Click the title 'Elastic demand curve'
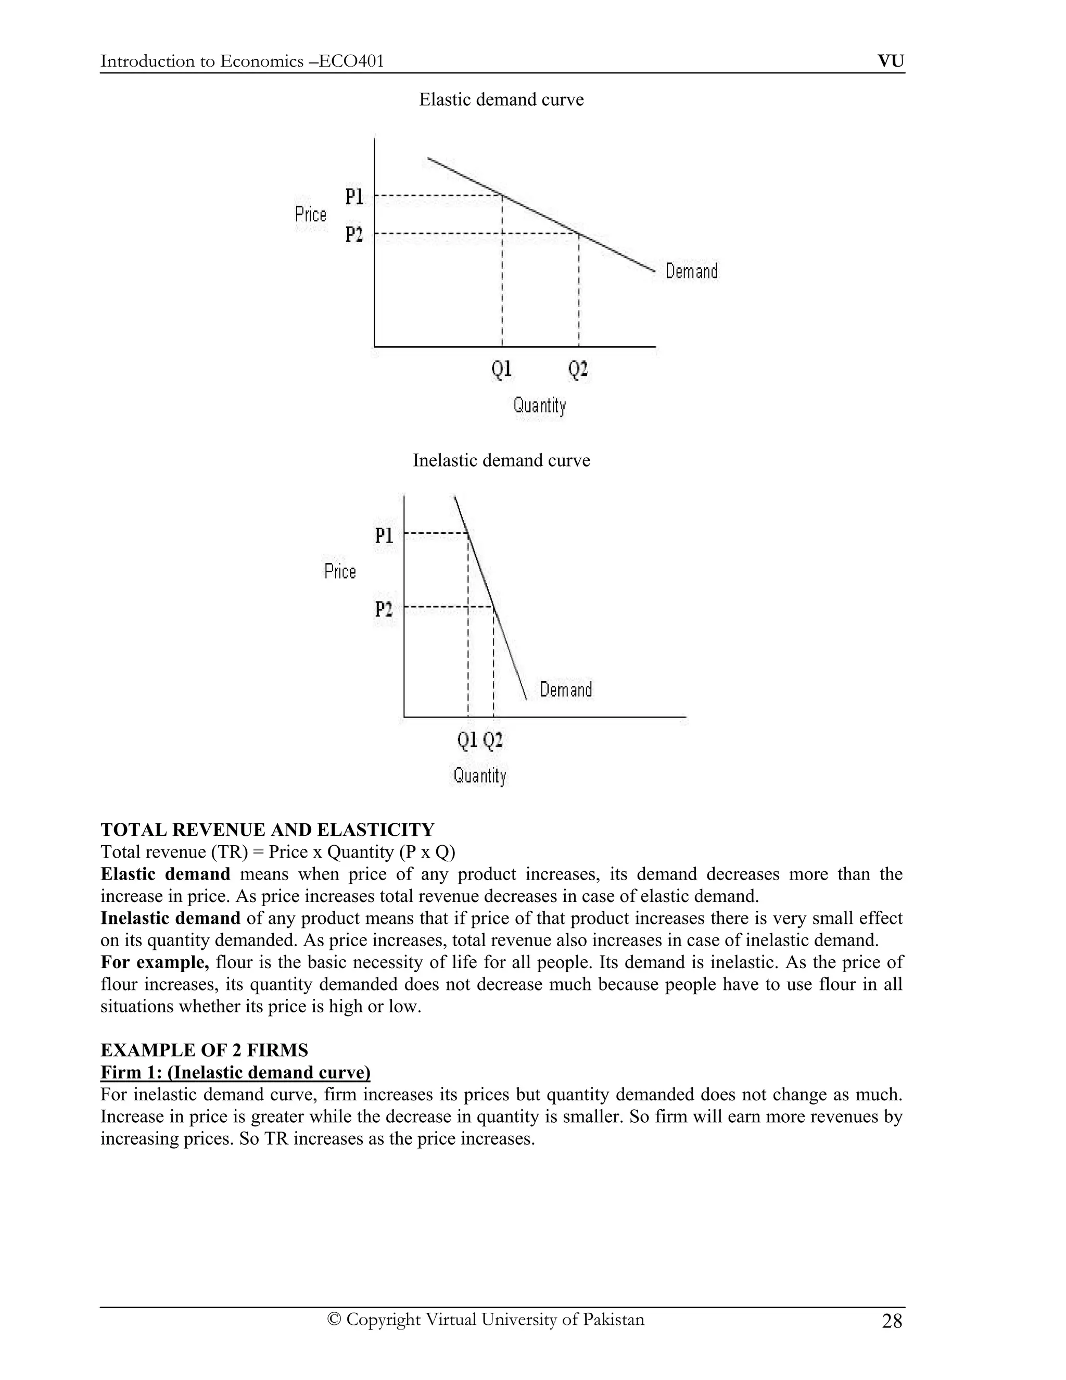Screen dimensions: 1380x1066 (501, 100)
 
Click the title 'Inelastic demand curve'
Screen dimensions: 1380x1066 (501, 461)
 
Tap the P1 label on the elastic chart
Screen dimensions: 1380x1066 (354, 197)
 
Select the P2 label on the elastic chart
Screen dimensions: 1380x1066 (354, 235)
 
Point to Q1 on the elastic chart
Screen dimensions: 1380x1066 (501, 369)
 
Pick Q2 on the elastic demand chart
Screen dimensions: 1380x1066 (578, 369)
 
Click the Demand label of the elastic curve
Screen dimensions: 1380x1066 (692, 272)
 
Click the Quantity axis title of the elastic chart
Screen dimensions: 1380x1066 (539, 405)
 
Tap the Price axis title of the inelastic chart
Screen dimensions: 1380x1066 (340, 572)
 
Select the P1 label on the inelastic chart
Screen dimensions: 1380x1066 (384, 536)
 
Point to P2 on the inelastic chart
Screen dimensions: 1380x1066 (384, 609)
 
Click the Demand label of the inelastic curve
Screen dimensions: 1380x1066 (566, 689)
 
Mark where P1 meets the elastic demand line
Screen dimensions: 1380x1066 (502, 195)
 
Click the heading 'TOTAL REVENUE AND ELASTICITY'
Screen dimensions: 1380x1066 (267, 830)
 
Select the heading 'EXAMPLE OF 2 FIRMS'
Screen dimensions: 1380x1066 (204, 1050)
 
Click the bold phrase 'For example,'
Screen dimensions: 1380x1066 (155, 962)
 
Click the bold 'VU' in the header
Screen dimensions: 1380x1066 (891, 61)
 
